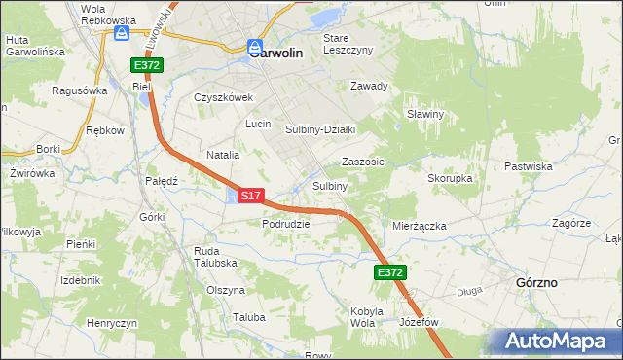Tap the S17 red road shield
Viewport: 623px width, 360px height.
[250, 196]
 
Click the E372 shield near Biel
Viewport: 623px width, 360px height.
[148, 65]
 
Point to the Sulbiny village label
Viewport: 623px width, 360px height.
[330, 186]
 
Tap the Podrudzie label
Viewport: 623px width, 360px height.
[285, 223]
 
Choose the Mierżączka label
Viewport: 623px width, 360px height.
[419, 226]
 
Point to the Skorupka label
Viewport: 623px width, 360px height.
[450, 179]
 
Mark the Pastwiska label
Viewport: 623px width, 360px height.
[530, 166]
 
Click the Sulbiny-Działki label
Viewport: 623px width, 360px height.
[320, 129]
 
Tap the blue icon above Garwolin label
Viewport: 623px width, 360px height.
[254, 45]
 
